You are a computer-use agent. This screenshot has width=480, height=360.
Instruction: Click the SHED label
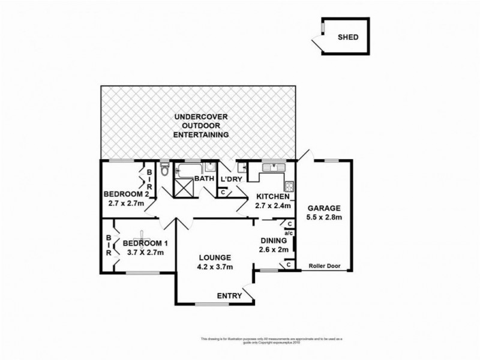point(349,37)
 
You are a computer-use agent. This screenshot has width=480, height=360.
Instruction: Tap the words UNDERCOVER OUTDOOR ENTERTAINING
point(201,125)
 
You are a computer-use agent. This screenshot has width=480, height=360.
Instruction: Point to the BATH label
point(205,179)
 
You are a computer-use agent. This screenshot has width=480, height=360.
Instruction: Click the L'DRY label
point(231,179)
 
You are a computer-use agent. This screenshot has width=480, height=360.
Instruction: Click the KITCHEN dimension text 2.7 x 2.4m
point(274,206)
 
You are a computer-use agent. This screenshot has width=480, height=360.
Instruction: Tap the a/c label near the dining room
point(288,232)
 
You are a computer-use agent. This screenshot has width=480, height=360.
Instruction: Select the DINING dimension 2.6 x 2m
point(274,249)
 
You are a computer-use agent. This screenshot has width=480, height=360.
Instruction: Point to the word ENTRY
point(230,295)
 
